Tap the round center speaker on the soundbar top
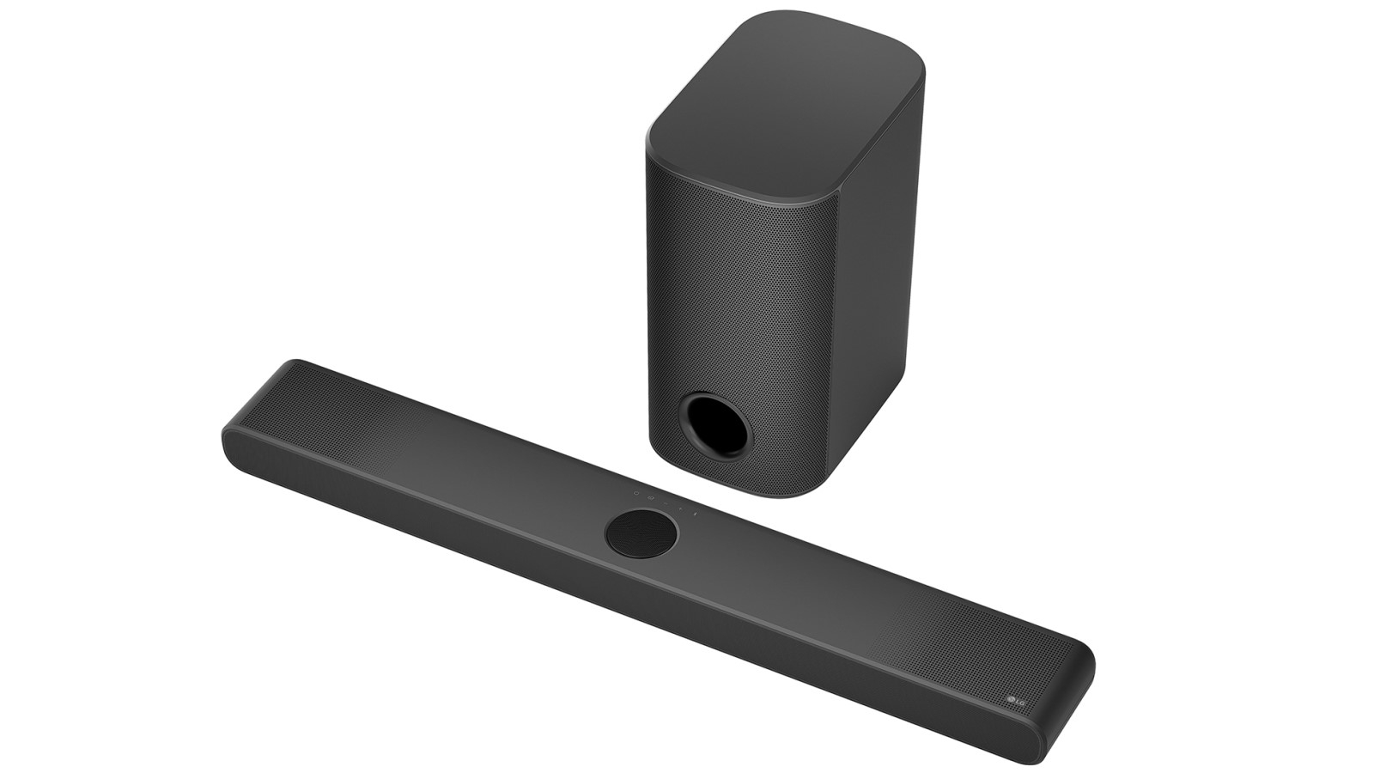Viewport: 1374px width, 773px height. [641, 533]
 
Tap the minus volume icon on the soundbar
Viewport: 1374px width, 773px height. [666, 503]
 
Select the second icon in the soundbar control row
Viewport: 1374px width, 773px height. [651, 498]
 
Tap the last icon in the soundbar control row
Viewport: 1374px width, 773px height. [696, 514]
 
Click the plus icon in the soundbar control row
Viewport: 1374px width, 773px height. [680, 508]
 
